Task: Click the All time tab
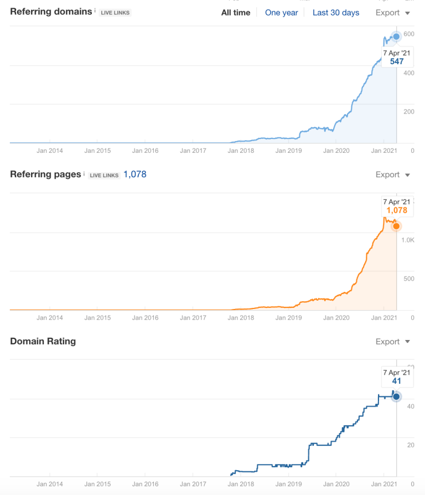click(236, 13)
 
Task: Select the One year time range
click(281, 13)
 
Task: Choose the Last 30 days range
click(336, 13)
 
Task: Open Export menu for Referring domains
click(392, 13)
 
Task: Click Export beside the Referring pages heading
click(392, 175)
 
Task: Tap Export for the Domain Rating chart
click(392, 342)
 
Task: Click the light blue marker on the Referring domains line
click(396, 37)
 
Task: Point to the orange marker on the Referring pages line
click(396, 226)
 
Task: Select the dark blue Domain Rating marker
click(396, 396)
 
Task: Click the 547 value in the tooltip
click(397, 61)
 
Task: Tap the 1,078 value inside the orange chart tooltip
click(397, 210)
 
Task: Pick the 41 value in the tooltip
click(397, 381)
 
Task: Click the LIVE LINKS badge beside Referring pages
click(104, 176)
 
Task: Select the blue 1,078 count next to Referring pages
click(134, 174)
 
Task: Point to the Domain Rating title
click(43, 341)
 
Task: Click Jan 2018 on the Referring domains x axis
click(241, 150)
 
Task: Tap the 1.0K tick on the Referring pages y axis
click(408, 240)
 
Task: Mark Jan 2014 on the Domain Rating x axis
click(49, 483)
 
